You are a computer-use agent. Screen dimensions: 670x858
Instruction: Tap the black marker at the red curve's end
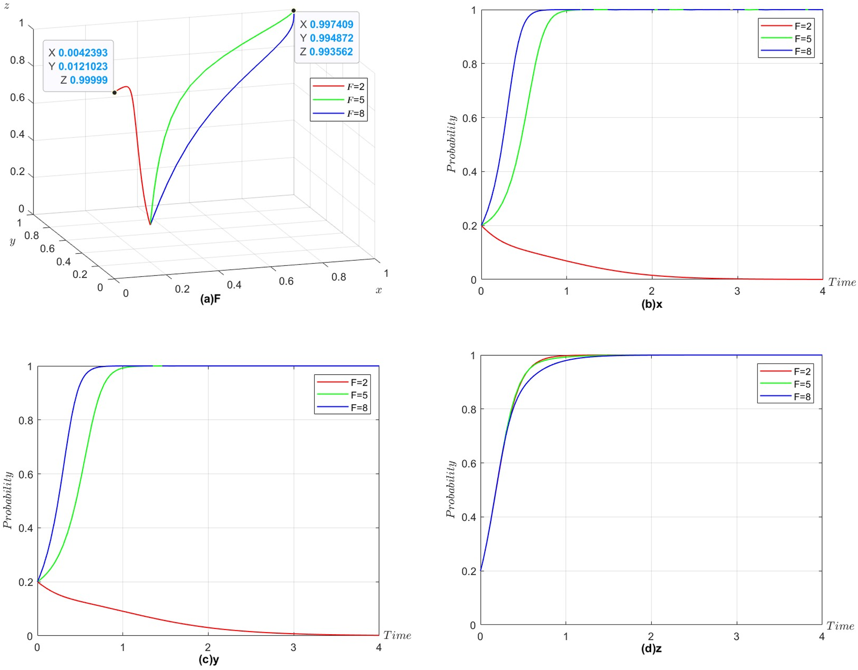click(115, 92)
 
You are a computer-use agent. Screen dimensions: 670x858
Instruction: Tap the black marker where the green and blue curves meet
click(293, 11)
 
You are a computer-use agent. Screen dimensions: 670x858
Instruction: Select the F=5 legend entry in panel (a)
click(338, 100)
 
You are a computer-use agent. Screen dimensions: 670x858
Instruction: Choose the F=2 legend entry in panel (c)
click(342, 382)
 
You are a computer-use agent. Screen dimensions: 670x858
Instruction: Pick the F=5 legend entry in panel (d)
click(785, 384)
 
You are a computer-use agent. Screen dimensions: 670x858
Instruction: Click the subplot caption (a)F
click(210, 299)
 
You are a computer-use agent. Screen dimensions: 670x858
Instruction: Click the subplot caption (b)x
click(652, 304)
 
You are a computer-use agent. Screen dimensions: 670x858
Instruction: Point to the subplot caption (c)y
click(209, 659)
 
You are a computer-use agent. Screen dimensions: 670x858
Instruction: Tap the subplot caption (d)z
click(651, 649)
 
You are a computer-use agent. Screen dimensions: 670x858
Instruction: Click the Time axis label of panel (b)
click(842, 282)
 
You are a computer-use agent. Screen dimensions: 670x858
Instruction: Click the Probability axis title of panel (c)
click(8, 500)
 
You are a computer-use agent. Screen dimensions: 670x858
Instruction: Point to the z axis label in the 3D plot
click(7, 6)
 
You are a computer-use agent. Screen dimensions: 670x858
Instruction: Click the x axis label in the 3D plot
click(379, 290)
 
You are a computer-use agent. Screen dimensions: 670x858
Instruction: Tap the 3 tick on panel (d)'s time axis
click(736, 637)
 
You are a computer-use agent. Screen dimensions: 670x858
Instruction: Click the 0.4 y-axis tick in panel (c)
click(26, 528)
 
